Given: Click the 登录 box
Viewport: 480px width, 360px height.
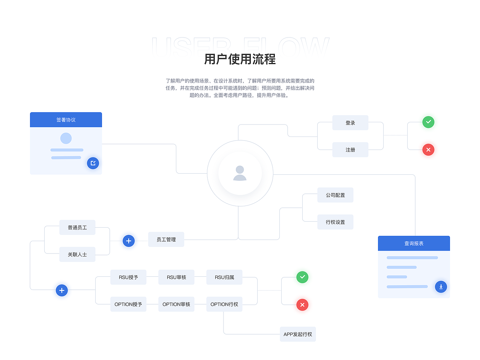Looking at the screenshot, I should pyautogui.click(x=350, y=123).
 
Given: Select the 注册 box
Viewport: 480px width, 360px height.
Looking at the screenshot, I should pyautogui.click(x=350, y=150).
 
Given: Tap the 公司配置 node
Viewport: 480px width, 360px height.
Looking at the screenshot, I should pyautogui.click(x=335, y=195).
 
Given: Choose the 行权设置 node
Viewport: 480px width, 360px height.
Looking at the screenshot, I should pyautogui.click(x=335, y=222).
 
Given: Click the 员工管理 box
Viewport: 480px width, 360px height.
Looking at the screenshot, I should pyautogui.click(x=166, y=239).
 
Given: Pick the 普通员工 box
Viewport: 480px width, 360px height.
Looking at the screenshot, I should pyautogui.click(x=77, y=227).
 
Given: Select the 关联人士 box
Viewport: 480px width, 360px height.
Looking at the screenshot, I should pyautogui.click(x=77, y=254).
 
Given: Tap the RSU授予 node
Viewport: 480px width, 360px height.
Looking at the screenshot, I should pyautogui.click(x=128, y=277).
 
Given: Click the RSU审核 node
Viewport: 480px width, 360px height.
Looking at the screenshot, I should pyautogui.click(x=176, y=277).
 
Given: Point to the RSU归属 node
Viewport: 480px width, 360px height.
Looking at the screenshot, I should pyautogui.click(x=224, y=277).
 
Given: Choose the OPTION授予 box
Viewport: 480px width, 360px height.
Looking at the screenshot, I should pyautogui.click(x=128, y=304).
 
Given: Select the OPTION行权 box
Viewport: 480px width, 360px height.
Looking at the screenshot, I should pyautogui.click(x=224, y=304).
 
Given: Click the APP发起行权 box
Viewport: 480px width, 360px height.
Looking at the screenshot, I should pyautogui.click(x=298, y=334).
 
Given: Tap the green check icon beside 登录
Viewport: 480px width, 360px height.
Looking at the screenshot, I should pyautogui.click(x=428, y=122).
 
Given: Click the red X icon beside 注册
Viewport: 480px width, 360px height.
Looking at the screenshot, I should pyautogui.click(x=428, y=150).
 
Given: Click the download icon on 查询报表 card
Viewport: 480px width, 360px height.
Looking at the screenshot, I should pyautogui.click(x=441, y=287).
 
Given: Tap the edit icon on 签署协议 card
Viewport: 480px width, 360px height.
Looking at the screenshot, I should pyautogui.click(x=93, y=163).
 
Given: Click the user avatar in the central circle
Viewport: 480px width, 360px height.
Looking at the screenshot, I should pyautogui.click(x=240, y=173).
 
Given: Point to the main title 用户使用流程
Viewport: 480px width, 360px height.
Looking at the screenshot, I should pyautogui.click(x=240, y=59).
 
